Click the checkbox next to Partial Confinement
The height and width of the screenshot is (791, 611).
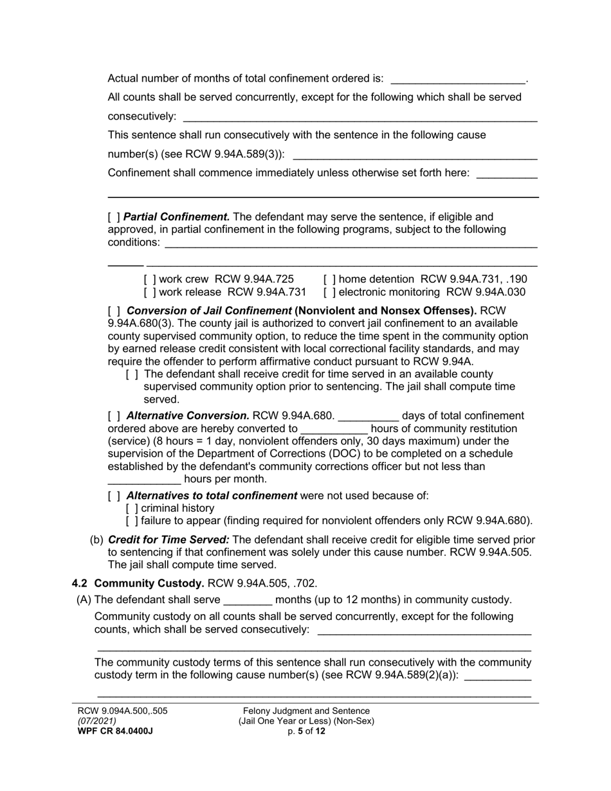click(x=114, y=217)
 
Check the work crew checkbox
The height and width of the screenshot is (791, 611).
click(x=150, y=279)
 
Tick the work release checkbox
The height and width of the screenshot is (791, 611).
click(x=150, y=292)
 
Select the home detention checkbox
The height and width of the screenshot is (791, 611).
click(x=329, y=279)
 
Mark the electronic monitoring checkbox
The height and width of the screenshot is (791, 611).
click(x=329, y=292)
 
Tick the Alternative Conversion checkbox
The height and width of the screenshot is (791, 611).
click(x=114, y=416)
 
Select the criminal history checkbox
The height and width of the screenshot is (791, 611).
click(x=132, y=508)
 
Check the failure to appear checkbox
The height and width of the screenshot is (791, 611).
click(x=132, y=521)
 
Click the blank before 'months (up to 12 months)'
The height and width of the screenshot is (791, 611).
click(x=248, y=601)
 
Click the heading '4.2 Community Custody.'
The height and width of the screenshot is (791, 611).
click(x=138, y=583)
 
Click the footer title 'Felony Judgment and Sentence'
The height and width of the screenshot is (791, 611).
click(x=306, y=711)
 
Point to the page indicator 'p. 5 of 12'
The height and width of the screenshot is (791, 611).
click(x=306, y=731)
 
